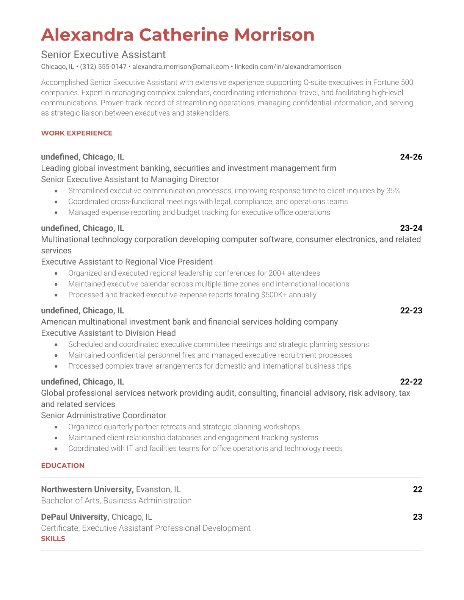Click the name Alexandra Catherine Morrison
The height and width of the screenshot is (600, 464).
(x=177, y=35)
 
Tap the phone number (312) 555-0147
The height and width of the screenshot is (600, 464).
(x=103, y=67)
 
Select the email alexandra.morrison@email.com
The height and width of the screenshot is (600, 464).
(x=180, y=67)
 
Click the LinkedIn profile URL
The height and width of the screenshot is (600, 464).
(x=288, y=67)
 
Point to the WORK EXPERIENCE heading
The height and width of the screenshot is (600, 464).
(x=77, y=133)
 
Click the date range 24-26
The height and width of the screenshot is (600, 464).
(x=411, y=157)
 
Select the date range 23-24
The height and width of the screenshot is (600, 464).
(x=411, y=228)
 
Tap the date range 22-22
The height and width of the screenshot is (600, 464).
(x=411, y=382)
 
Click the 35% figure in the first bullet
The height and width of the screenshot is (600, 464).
(x=393, y=191)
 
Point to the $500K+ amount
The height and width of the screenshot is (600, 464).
(x=274, y=295)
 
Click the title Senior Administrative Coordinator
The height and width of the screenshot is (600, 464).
(x=103, y=416)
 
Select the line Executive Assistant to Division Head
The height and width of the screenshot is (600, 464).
(x=108, y=333)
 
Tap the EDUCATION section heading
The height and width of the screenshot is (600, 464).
(x=63, y=466)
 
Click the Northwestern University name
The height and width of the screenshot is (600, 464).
(x=87, y=489)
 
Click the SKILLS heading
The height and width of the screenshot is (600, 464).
(x=53, y=539)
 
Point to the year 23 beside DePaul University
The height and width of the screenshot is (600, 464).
(x=417, y=517)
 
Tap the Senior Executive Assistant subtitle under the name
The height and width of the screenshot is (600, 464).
(x=103, y=55)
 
